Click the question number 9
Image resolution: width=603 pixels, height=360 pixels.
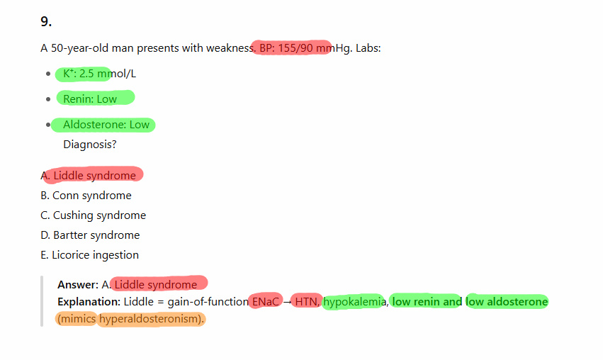[46, 21]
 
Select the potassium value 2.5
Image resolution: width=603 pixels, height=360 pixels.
[86, 74]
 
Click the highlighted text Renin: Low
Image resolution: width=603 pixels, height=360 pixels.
[90, 99]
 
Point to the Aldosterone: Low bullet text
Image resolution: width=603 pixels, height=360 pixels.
[106, 125]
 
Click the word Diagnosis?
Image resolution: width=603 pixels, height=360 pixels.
[89, 145]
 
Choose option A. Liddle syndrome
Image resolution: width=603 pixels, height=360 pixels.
[88, 176]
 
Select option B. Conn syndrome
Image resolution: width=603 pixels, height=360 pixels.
[86, 196]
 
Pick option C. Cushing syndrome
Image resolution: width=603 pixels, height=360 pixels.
[93, 215]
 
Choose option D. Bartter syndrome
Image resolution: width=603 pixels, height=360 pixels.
[90, 235]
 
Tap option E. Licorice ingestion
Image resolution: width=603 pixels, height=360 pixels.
[89, 255]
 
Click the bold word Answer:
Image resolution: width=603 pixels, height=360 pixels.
[78, 285]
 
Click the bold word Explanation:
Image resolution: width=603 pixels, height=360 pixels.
[89, 302]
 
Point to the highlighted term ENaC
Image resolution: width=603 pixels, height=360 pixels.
[265, 302]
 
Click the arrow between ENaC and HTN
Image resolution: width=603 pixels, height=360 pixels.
[287, 303]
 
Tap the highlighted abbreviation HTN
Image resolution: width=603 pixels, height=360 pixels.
[307, 302]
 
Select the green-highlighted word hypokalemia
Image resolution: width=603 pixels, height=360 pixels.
[354, 302]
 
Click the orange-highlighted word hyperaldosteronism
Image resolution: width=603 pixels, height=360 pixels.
[150, 319]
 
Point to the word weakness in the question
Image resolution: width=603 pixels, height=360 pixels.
[231, 48]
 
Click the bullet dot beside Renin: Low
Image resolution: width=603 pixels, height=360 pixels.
[48, 99]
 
